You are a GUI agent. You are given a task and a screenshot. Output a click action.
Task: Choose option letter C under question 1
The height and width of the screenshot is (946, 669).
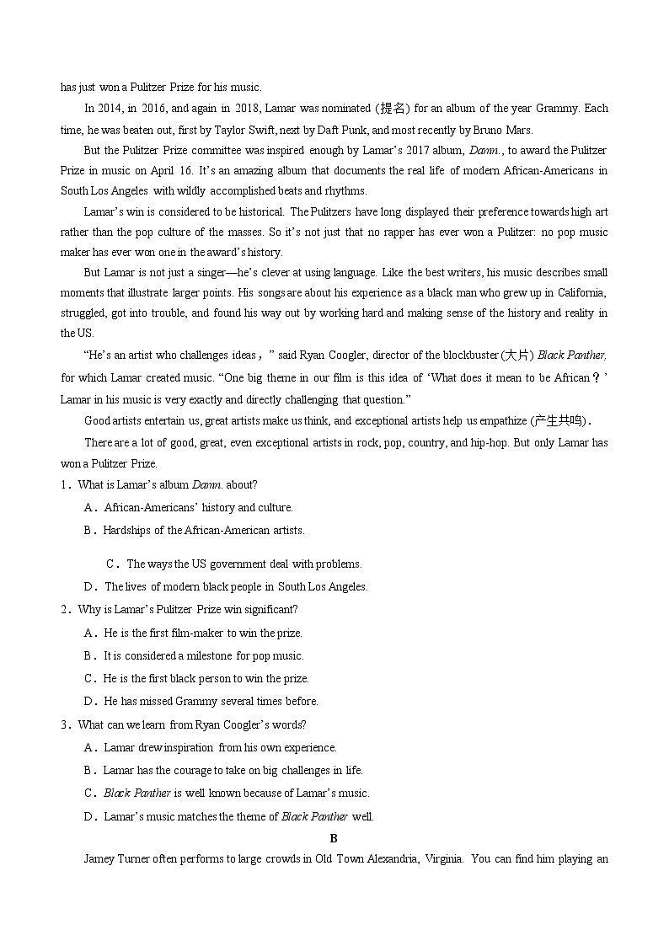[x=110, y=564]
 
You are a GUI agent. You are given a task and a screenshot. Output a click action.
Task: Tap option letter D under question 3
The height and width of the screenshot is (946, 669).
[x=88, y=815]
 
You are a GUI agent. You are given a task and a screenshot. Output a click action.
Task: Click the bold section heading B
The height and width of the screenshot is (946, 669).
[x=334, y=838]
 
